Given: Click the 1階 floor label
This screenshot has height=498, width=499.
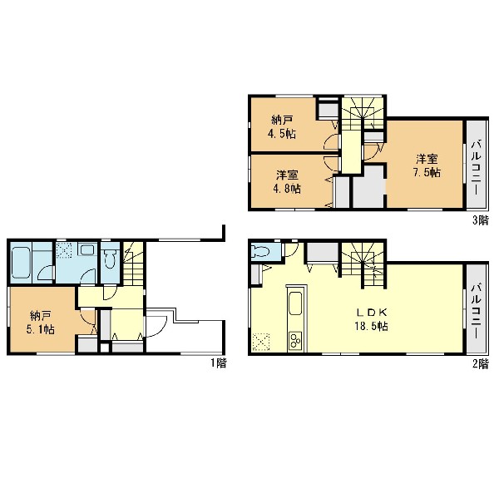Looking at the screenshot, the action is [x=219, y=363].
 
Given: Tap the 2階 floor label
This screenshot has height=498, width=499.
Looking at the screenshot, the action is [x=480, y=363].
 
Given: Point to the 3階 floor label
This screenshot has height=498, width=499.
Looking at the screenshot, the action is [x=480, y=220].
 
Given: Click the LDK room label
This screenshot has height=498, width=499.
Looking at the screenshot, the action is [x=372, y=313].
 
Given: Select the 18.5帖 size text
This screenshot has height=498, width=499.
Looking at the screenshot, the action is [x=372, y=326].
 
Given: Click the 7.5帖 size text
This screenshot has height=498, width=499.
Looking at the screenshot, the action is [x=427, y=172].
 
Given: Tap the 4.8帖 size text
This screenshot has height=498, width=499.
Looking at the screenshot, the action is [x=287, y=189].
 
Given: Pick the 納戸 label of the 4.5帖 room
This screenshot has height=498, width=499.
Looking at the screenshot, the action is [x=282, y=120].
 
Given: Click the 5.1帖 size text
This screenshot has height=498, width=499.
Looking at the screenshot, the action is [x=41, y=329].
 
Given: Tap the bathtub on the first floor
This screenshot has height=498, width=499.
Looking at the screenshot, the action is [x=22, y=263].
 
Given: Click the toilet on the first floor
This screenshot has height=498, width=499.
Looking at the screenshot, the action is [x=110, y=259].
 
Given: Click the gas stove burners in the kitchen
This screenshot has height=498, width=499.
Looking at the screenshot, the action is [x=296, y=341].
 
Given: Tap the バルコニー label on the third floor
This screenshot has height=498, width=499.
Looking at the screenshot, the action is [x=476, y=168].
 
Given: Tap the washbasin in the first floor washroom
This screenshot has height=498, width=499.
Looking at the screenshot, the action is [x=86, y=249].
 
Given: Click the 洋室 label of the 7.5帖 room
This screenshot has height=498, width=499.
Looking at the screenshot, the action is [x=427, y=159].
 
